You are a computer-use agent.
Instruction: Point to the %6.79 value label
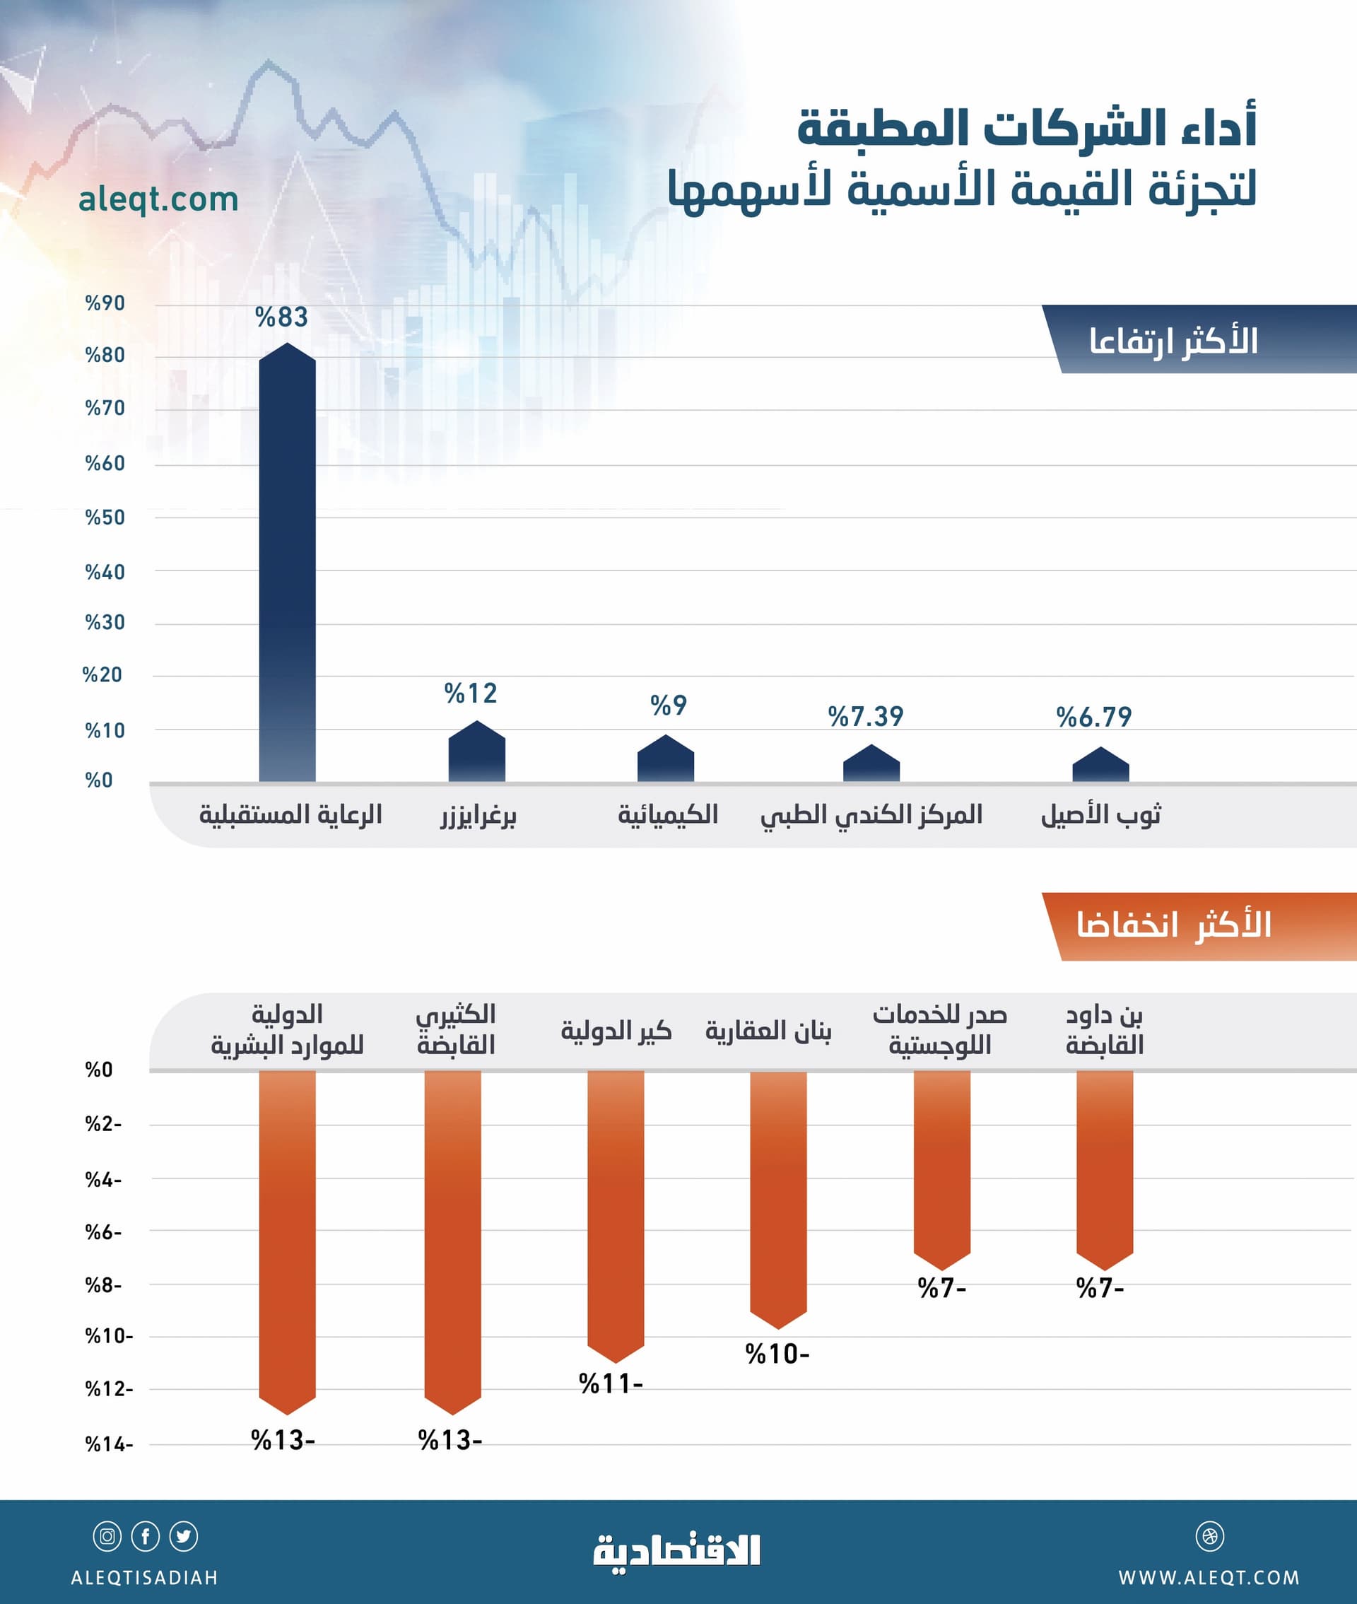tap(1093, 717)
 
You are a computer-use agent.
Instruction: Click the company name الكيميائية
tap(667, 814)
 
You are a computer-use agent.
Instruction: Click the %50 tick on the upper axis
tap(105, 517)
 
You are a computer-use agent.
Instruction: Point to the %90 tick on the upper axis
tap(105, 303)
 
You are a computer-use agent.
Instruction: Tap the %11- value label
tap(611, 1384)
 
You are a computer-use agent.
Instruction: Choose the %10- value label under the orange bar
tap(777, 1354)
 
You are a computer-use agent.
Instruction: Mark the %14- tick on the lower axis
tap(108, 1444)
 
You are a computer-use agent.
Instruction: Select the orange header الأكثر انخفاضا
tap(1173, 925)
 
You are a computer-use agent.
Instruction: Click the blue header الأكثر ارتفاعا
tap(1173, 340)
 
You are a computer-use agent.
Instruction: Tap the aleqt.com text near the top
tap(158, 199)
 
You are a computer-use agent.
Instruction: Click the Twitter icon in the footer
tap(183, 1536)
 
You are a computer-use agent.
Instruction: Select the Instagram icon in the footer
tap(107, 1536)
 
